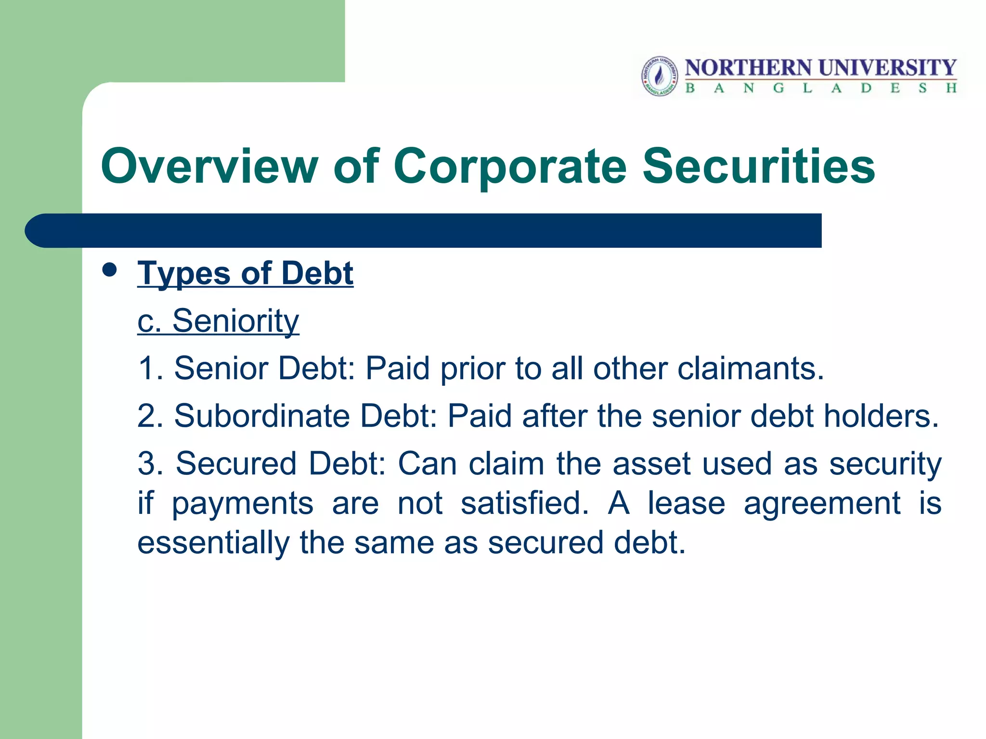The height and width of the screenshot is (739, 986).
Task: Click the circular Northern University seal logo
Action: (x=660, y=76)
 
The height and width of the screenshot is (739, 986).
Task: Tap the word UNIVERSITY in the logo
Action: (x=887, y=68)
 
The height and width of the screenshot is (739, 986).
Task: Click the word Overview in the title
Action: (x=209, y=166)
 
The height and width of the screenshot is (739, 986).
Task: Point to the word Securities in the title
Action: (x=758, y=166)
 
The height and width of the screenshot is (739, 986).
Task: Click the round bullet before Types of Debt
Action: (x=110, y=270)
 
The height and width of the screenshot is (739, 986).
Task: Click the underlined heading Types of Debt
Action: (x=245, y=273)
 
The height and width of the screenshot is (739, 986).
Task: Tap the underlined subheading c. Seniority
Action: (x=218, y=321)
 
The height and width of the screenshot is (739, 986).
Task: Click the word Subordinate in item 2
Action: (x=262, y=416)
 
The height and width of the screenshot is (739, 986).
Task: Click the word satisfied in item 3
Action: (x=524, y=503)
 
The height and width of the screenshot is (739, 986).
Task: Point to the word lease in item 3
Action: (x=686, y=503)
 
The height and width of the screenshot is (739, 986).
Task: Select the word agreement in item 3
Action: (x=822, y=503)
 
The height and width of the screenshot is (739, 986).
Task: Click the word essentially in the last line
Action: (x=213, y=543)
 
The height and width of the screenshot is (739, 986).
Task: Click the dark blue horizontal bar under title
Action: (x=424, y=230)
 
